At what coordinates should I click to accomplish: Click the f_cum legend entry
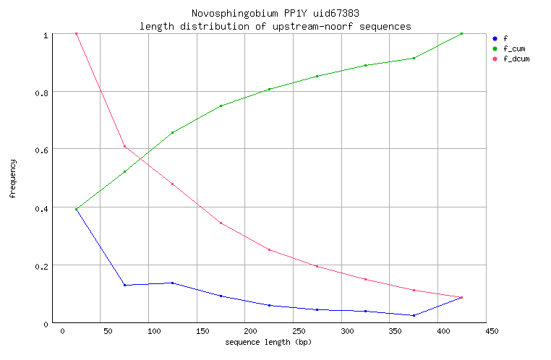coord(513,48)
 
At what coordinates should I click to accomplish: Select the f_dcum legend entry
coord(516,59)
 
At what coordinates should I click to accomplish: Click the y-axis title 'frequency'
coord(12,179)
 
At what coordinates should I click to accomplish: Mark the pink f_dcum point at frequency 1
coord(76,34)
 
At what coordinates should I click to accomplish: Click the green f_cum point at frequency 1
coord(461,34)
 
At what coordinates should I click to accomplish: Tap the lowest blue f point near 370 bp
coord(414,315)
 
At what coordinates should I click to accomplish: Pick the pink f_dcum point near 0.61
coord(124,147)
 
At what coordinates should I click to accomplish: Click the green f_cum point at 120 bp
coord(172,132)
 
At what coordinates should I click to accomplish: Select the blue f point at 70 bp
coord(124,285)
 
